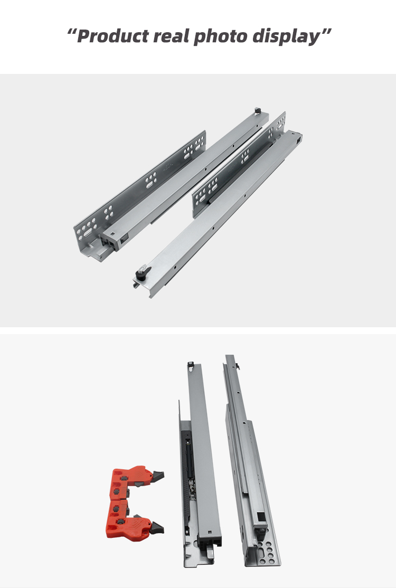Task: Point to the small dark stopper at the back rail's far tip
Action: pyautogui.click(x=258, y=111)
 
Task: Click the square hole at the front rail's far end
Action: pyautogui.click(x=299, y=141)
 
